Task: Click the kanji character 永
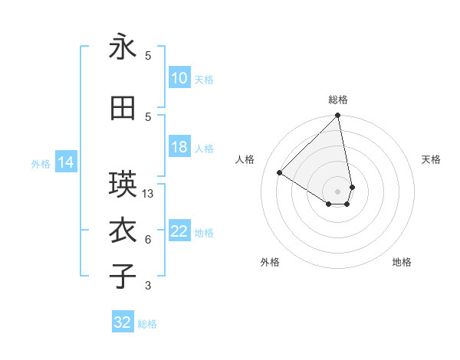[x=123, y=47]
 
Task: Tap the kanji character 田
[x=123, y=109]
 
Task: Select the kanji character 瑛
[x=123, y=185]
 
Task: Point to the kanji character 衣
[x=123, y=231]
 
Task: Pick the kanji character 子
[x=123, y=277]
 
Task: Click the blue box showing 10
[x=179, y=78]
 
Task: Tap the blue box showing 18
[x=179, y=148]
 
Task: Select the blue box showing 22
[x=179, y=232]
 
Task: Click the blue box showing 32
[x=123, y=322]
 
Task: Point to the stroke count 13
[x=149, y=194]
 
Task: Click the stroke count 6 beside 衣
[x=148, y=240]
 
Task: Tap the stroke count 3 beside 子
[x=148, y=286]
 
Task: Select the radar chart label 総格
[x=338, y=100]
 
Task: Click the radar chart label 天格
[x=432, y=159]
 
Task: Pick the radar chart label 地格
[x=402, y=262]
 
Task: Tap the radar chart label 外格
[x=270, y=262]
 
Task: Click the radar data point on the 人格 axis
[x=280, y=173]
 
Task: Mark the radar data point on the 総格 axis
[x=338, y=116]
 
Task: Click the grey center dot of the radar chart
[x=338, y=191]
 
